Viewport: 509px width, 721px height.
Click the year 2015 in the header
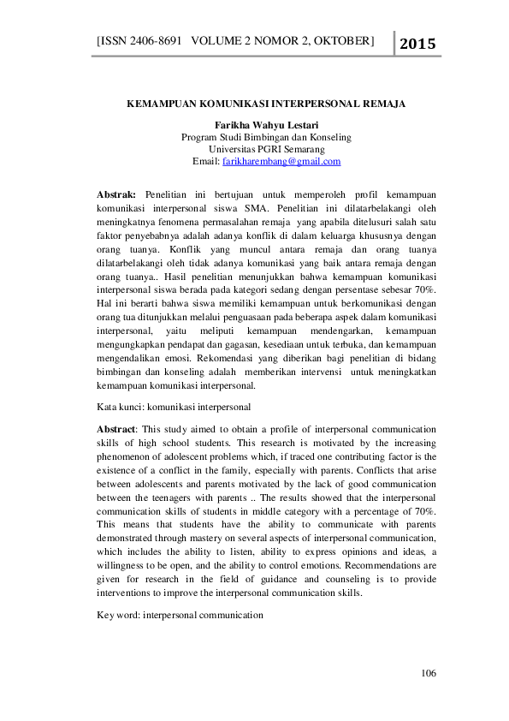coord(417,44)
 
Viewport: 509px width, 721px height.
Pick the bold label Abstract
coord(116,428)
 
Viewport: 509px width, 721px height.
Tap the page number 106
coord(429,674)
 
